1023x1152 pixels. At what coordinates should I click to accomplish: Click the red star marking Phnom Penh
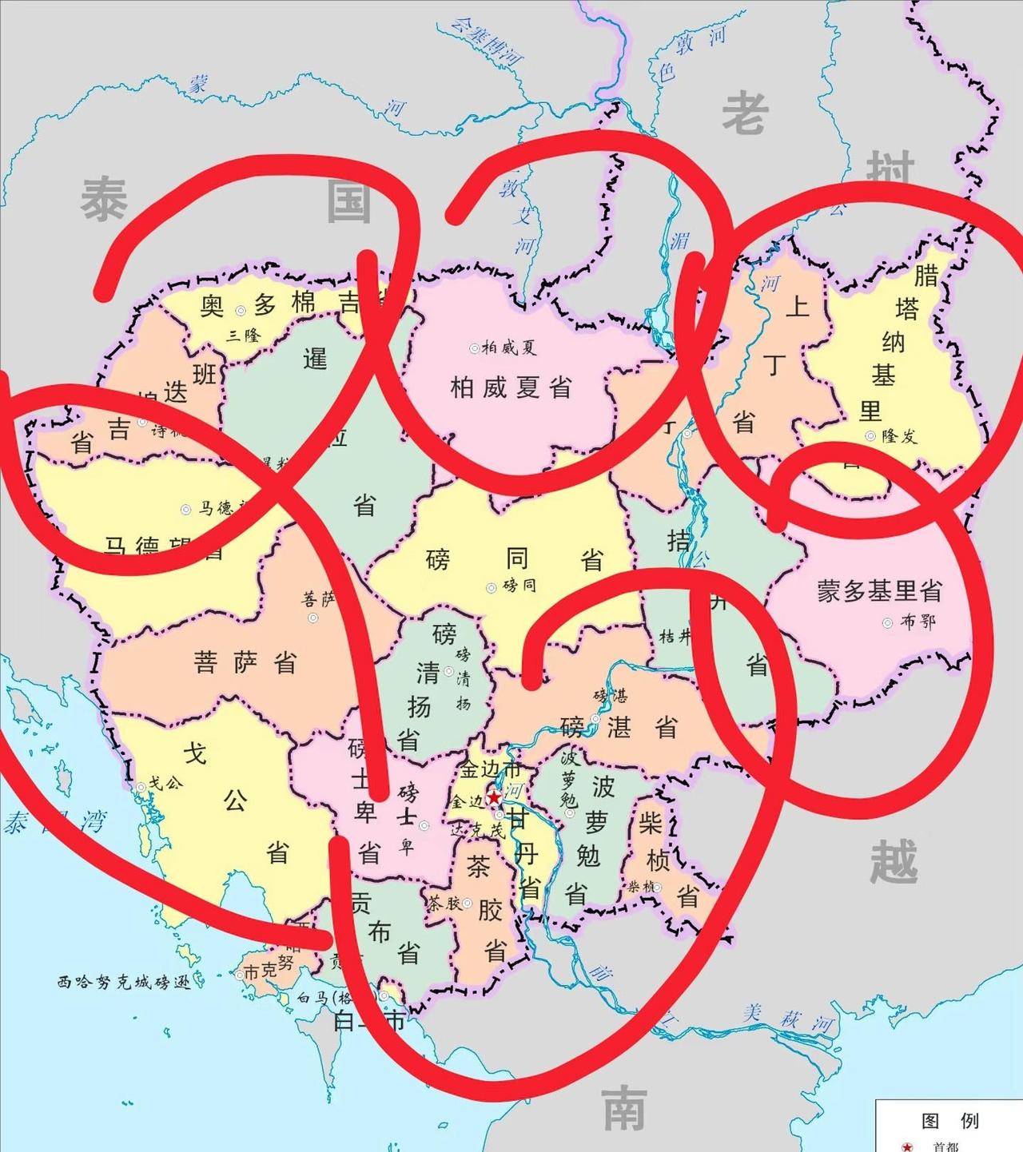[x=495, y=798]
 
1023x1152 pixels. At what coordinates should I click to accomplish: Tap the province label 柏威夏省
[x=511, y=388]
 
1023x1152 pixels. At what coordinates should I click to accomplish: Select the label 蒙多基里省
[x=879, y=591]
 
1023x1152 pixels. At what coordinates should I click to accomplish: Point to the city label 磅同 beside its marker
[x=519, y=586]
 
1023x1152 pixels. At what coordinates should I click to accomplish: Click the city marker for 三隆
[x=241, y=311]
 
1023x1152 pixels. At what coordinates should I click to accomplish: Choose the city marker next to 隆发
[x=870, y=436]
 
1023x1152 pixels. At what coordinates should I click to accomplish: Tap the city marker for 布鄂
[x=887, y=623]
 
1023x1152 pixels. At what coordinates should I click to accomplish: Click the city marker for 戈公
[x=141, y=787]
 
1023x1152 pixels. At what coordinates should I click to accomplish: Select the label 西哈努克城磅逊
[x=124, y=982]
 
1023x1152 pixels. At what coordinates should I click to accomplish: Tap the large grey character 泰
[x=104, y=200]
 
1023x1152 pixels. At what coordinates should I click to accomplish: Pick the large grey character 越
[x=894, y=863]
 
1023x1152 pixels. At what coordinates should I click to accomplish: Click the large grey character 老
[x=745, y=113]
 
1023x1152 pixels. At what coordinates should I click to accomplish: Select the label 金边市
[x=490, y=769]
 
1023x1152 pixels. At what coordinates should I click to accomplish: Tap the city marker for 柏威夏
[x=474, y=348]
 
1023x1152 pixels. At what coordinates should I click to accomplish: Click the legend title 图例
[x=950, y=1121]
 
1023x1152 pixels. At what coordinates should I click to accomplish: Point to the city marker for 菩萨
[x=313, y=618]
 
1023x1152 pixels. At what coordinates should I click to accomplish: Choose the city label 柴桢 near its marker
[x=640, y=886]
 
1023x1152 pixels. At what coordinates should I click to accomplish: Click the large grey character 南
[x=624, y=1108]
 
